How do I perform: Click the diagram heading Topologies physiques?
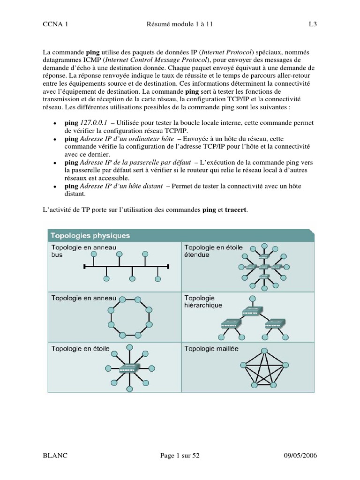(90, 235)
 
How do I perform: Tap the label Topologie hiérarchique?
(203, 301)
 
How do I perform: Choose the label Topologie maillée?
(211, 348)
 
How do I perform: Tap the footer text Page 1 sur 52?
(180, 456)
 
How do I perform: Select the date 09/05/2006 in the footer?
(304, 456)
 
